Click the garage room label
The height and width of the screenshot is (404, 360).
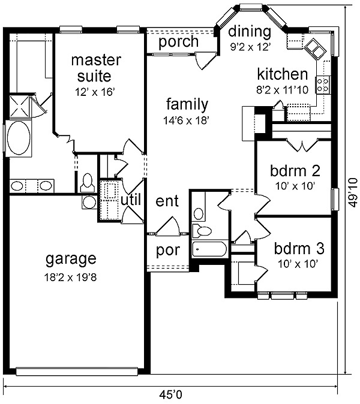(71, 259)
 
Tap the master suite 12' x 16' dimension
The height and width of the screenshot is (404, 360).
(95, 92)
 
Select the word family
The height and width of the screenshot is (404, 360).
(187, 105)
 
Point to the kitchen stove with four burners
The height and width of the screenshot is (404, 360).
(322, 85)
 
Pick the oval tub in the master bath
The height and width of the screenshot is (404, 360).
(19, 138)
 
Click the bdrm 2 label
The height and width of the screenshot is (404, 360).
(295, 171)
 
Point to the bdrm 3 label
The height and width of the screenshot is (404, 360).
(299, 249)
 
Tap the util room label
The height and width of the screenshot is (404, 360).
(131, 200)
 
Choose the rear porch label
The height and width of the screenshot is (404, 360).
(178, 42)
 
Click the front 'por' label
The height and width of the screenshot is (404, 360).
(168, 251)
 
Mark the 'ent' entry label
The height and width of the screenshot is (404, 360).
(167, 201)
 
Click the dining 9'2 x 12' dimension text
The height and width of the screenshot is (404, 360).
(250, 47)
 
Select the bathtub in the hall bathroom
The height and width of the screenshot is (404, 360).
(209, 249)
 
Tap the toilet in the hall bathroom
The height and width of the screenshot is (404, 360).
(202, 230)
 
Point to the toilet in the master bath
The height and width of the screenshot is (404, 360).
(87, 182)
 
